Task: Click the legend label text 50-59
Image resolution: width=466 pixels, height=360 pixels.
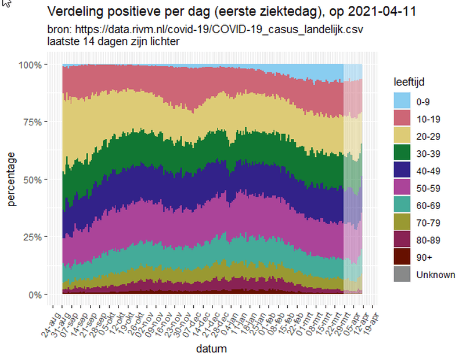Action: tap(428, 188)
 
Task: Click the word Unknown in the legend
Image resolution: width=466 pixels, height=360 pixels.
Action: tap(435, 275)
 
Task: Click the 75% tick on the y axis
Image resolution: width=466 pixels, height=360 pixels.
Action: tap(34, 122)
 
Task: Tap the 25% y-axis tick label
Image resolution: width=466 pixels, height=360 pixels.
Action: tap(34, 237)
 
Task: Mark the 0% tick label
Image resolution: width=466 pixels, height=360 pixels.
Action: tap(36, 294)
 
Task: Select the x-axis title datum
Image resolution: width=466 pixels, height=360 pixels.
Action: tap(211, 349)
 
